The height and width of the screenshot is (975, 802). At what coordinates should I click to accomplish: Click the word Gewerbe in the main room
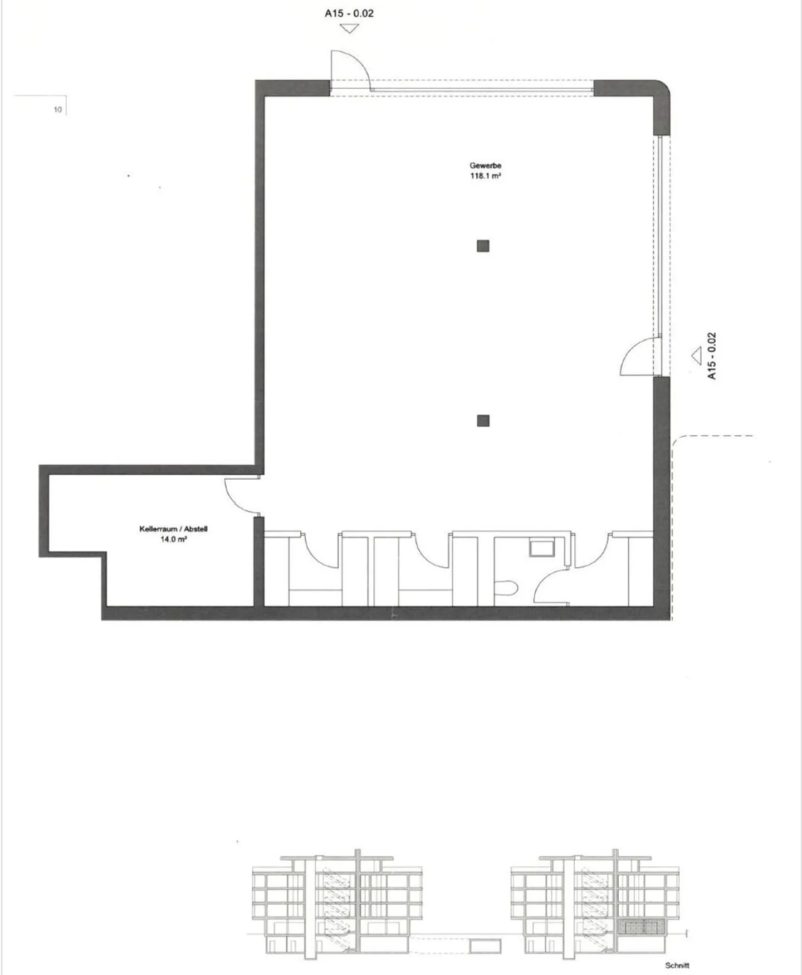click(x=485, y=165)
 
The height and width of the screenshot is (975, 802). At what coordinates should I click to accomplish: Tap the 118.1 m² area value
click(x=485, y=176)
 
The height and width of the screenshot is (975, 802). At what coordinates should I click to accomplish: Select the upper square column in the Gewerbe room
click(x=483, y=246)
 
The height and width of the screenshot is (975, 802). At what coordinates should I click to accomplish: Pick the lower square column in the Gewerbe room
click(x=483, y=421)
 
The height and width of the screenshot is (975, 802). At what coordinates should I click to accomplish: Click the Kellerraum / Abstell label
click(x=173, y=529)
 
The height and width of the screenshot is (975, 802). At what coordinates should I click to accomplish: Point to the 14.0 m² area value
click(x=173, y=539)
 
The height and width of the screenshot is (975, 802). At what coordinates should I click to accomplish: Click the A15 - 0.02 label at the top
click(x=349, y=13)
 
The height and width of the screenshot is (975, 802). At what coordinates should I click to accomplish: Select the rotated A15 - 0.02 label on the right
click(x=712, y=357)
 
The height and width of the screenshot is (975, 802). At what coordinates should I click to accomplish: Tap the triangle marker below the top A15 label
click(x=349, y=28)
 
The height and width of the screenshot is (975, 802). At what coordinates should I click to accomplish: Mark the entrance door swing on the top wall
click(x=350, y=70)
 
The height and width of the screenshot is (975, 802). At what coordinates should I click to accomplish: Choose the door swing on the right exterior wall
click(x=639, y=357)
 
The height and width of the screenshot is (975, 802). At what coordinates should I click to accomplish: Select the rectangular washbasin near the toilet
click(x=541, y=547)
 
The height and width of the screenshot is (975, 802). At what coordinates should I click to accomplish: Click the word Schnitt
click(x=677, y=966)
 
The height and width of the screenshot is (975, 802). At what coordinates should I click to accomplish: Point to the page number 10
click(x=57, y=110)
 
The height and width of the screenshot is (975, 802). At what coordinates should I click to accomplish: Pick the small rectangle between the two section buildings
click(x=485, y=945)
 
